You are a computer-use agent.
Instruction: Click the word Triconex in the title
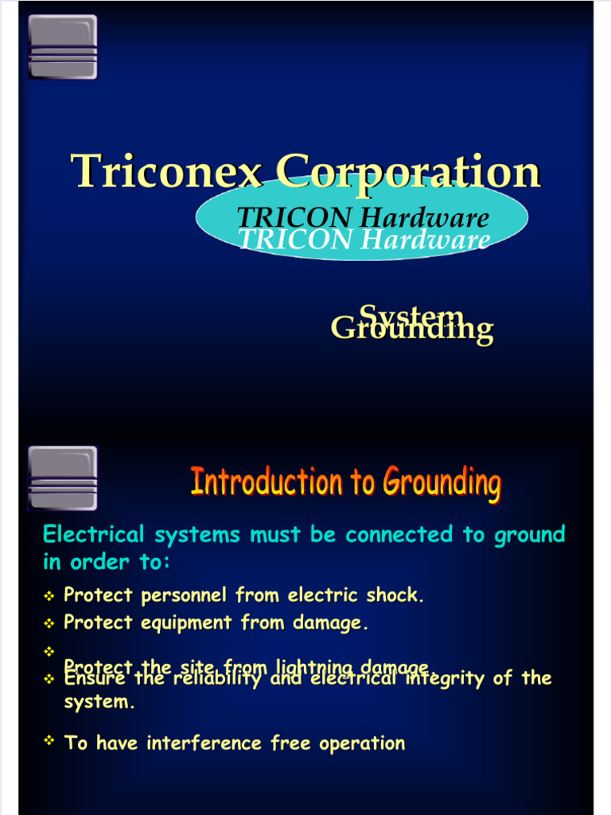pos(168,171)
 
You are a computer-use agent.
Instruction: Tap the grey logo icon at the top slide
pos(63,47)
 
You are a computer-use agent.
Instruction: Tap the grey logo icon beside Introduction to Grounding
pos(63,478)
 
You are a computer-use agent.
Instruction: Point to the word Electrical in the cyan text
pos(95,535)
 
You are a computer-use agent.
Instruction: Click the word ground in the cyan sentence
pos(530,535)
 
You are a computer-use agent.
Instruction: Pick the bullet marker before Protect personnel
pos(49,596)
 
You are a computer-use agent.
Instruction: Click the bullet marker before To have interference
pos(49,742)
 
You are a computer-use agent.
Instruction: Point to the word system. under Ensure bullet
pos(99,703)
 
